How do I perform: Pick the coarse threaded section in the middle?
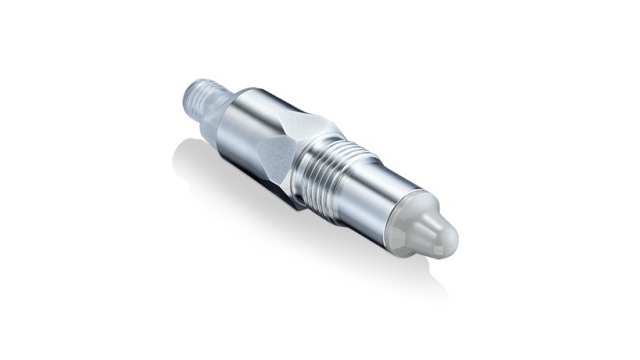point(346,175)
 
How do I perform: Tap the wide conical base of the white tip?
point(414,226)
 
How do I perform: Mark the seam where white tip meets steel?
point(404,222)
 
